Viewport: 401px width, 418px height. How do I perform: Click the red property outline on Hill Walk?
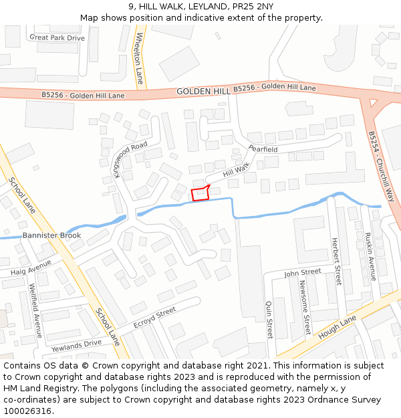pos(200,194)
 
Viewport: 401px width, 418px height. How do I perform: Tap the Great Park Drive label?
pos(57,38)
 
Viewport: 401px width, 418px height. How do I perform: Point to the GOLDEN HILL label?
pos(203,91)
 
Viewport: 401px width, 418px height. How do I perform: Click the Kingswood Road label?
pos(130,159)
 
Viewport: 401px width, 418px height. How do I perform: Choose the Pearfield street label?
pos(263,149)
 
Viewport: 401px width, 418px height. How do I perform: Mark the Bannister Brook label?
pos(51,235)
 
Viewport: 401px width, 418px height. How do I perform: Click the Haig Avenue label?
pos(31,268)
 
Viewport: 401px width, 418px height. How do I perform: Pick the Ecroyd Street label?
pos(154,317)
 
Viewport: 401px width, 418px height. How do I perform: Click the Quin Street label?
pos(269,319)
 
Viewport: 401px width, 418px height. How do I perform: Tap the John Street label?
pos(302,273)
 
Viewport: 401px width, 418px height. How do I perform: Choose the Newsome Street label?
pos(305,306)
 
